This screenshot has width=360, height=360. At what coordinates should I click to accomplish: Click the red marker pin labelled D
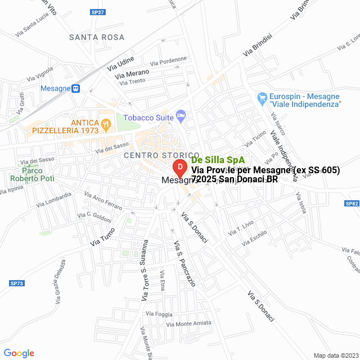[x=179, y=168]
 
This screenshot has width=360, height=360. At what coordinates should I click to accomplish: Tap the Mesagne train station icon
[x=76, y=88]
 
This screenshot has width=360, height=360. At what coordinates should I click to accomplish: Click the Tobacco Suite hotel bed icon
[x=181, y=115]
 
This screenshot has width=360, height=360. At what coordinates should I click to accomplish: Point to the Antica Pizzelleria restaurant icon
[x=105, y=124]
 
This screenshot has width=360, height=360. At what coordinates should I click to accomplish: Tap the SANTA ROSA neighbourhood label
[x=97, y=37]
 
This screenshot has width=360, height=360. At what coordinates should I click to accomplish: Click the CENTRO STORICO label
[x=161, y=155]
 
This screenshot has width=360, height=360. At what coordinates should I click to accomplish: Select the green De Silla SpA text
[x=214, y=160]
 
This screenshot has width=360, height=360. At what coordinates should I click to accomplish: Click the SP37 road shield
[x=97, y=12]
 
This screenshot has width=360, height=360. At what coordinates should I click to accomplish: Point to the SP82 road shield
[x=352, y=204]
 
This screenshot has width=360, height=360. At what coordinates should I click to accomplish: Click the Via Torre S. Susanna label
[x=144, y=269]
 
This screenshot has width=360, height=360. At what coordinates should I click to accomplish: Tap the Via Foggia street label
[x=159, y=313]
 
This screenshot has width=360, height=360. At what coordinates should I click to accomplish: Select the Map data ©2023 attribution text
[x=335, y=355]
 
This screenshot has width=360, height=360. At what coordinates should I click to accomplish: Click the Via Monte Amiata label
[x=189, y=323]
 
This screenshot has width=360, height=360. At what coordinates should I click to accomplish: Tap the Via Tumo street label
[x=102, y=236]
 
